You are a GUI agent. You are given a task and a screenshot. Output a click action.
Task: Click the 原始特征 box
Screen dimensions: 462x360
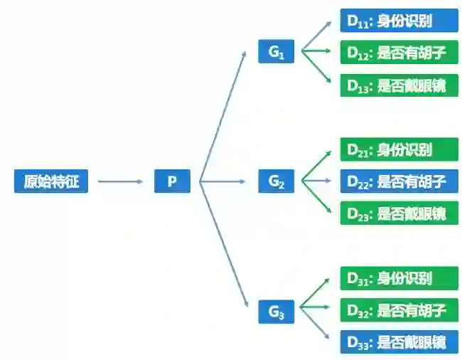tap(51, 181)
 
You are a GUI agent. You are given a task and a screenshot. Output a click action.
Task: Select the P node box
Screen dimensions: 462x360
tap(172, 181)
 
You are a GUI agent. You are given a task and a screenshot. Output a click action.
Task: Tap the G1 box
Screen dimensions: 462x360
tap(276, 52)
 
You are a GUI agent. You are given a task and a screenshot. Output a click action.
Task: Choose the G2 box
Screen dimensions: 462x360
tap(276, 181)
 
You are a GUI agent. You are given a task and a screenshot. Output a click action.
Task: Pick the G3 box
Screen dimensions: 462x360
tap(276, 310)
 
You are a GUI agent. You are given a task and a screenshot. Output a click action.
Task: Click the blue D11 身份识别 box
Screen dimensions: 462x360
tap(399, 21)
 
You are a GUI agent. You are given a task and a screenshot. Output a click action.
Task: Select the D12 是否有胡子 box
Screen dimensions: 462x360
tap(399, 53)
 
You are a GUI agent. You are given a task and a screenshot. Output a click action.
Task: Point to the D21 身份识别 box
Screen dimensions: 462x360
tap(399, 149)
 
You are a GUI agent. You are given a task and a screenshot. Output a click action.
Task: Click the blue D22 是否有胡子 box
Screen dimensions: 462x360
tap(399, 181)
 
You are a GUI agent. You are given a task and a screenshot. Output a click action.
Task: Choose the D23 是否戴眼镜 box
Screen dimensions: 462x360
tap(399, 213)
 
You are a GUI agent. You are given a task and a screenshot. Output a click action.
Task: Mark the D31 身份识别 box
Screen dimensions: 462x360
tap(399, 277)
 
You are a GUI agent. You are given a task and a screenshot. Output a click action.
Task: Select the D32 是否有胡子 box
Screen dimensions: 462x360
tap(399, 310)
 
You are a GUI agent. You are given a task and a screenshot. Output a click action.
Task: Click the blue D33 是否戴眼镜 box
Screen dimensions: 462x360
tap(399, 342)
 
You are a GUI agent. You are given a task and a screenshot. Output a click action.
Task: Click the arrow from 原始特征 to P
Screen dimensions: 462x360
tap(120, 181)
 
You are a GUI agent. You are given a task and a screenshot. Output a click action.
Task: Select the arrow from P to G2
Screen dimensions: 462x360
tap(227, 181)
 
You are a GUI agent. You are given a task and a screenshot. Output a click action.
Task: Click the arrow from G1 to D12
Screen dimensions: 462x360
tap(316, 52)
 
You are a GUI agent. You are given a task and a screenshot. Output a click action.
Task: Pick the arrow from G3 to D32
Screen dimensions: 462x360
tap(316, 310)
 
